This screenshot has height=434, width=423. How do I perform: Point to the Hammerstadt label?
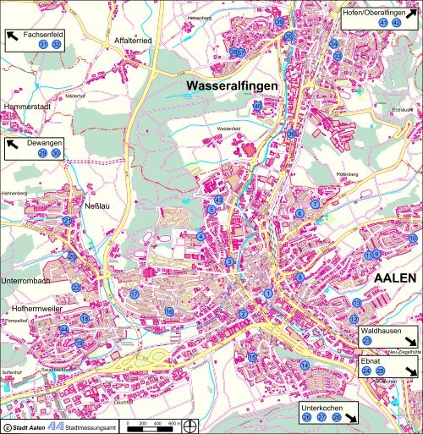(x=28, y=107)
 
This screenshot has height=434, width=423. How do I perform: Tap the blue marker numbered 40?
(x=257, y=107)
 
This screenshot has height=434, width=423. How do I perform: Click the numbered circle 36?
(x=291, y=134)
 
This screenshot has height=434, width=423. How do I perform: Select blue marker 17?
(x=134, y=294)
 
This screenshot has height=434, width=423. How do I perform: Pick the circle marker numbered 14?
(x=305, y=365)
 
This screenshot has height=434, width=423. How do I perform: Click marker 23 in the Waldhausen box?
(x=366, y=340)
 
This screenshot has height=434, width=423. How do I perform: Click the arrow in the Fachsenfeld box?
(x=14, y=36)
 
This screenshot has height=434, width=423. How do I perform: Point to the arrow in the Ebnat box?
(x=410, y=371)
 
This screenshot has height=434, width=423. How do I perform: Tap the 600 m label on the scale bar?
(x=173, y=422)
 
